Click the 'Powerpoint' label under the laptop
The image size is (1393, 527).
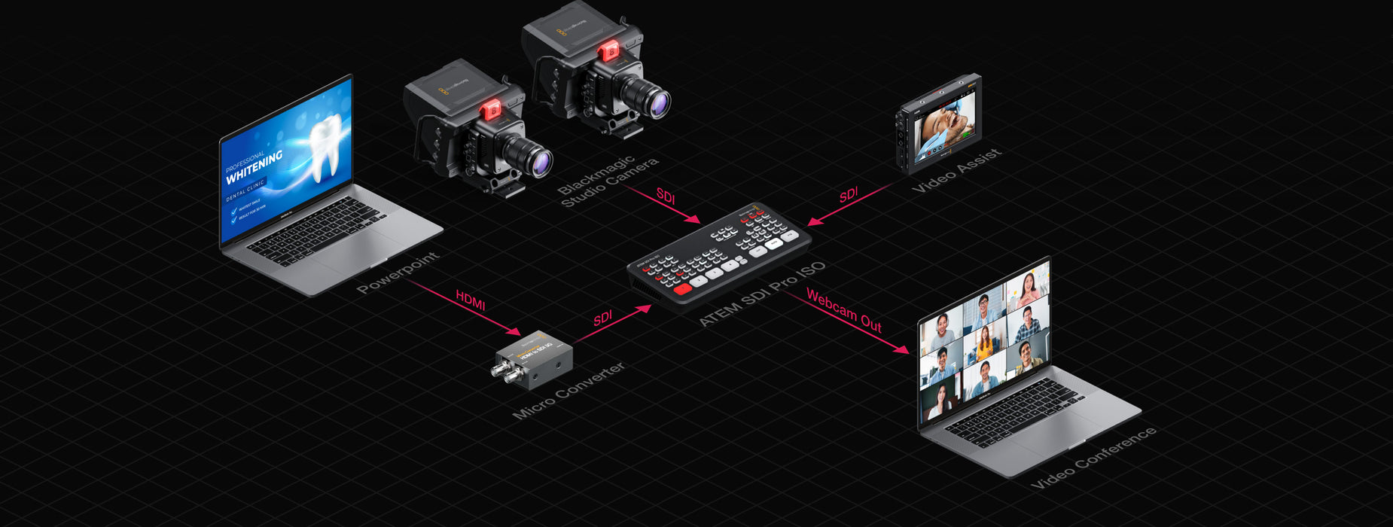(398, 273)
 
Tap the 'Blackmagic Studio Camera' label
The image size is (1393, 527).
(608, 181)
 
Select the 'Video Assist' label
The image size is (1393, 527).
(956, 170)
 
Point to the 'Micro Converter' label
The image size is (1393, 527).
(568, 390)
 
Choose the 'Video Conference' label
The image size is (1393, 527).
(1093, 457)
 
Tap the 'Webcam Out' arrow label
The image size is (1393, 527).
(843, 309)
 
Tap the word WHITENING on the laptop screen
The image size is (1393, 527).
(254, 166)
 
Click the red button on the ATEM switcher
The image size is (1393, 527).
(682, 289)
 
